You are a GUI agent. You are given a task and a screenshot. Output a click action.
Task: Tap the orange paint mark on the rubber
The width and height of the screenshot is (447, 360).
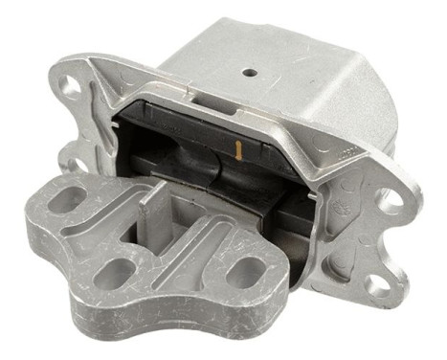pyautogui.click(x=235, y=147)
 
